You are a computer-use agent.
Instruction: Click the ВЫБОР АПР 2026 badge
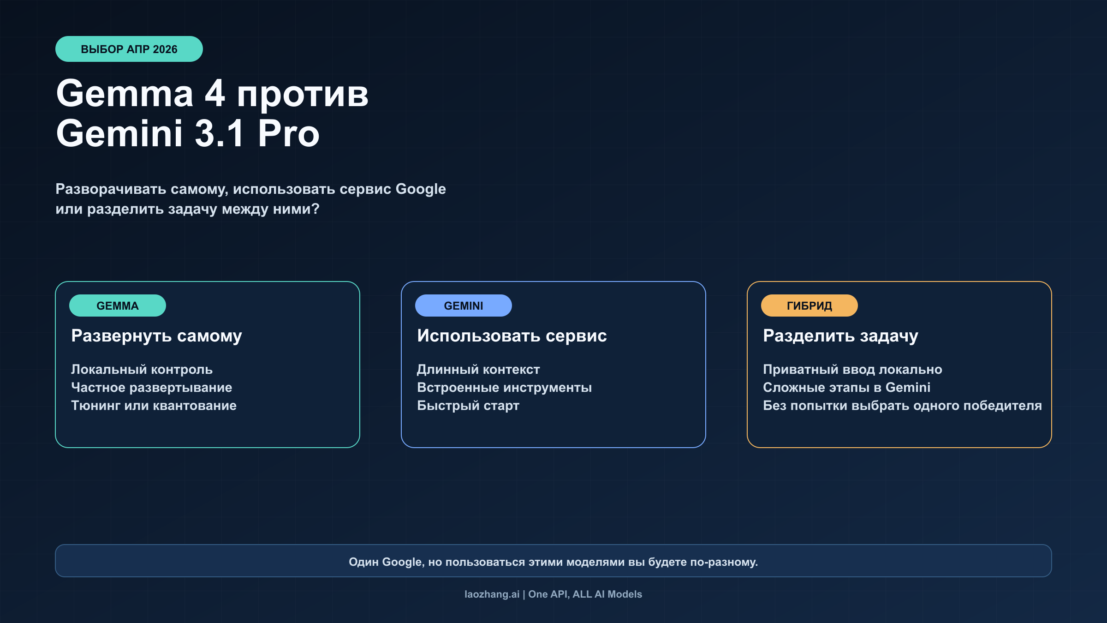tap(129, 49)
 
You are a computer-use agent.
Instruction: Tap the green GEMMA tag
tap(118, 306)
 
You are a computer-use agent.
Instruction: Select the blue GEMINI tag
tap(464, 306)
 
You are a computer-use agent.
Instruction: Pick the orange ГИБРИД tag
tap(809, 306)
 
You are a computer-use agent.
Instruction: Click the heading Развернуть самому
tap(156, 336)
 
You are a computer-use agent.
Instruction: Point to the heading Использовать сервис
tap(512, 335)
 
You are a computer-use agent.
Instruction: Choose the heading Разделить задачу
tap(840, 336)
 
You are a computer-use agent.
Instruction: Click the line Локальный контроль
tap(142, 369)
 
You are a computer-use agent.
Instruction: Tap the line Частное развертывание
tap(151, 387)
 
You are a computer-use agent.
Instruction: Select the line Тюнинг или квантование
tap(154, 405)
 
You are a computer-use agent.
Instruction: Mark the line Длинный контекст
tap(478, 369)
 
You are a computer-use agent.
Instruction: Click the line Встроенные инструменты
tap(504, 387)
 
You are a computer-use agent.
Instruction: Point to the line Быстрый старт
tap(468, 405)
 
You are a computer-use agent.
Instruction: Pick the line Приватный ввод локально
tap(852, 369)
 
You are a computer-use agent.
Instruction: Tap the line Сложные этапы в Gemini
tap(846, 387)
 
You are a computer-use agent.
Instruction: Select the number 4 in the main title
tap(215, 93)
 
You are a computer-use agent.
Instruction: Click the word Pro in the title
tap(288, 133)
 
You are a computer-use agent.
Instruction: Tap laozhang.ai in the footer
tap(492, 594)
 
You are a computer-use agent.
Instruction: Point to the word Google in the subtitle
tap(421, 189)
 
